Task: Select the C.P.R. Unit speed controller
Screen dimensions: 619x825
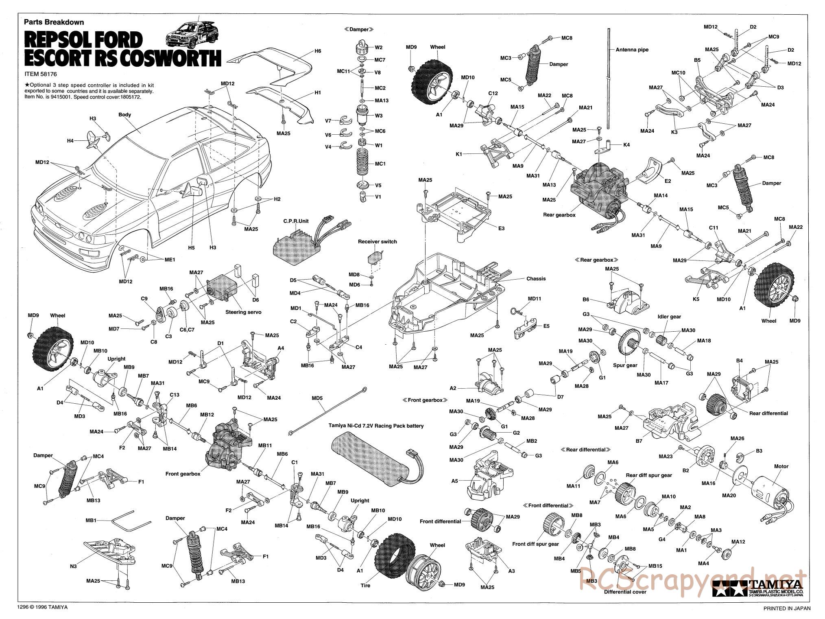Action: [293, 247]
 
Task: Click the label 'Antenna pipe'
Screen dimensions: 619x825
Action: [632, 50]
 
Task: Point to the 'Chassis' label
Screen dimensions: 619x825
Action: [536, 279]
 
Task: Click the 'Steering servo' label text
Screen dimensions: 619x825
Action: [243, 312]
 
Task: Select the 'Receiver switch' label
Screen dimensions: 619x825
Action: [377, 242]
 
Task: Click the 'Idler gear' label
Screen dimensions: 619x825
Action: [669, 317]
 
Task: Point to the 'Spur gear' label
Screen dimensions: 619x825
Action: [625, 365]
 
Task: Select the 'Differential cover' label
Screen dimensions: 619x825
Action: [625, 603]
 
